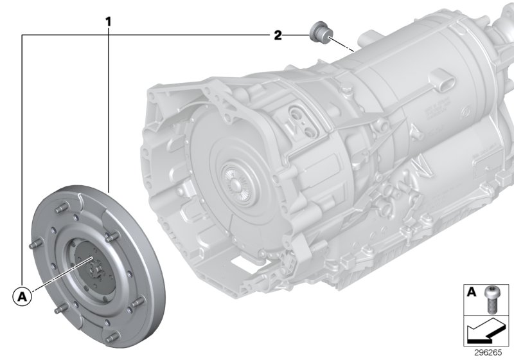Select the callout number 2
[278, 35]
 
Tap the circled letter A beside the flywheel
[22, 297]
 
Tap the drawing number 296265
[490, 352]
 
